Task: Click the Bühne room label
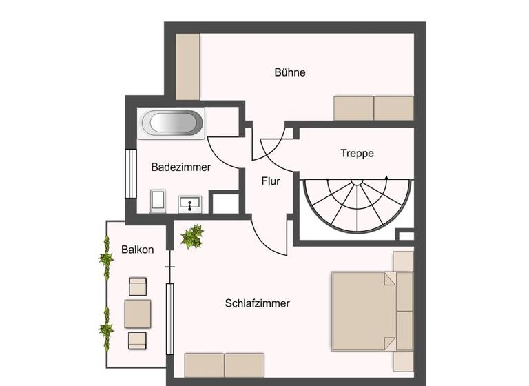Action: point(289,72)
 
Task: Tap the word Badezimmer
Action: point(180,167)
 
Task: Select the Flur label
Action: point(271,182)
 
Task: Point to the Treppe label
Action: point(357,153)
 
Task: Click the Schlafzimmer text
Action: point(257,303)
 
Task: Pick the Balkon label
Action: point(137,249)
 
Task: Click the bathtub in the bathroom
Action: point(172,123)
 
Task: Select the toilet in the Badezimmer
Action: point(157,202)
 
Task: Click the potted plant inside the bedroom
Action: point(192,236)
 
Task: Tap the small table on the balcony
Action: point(138,314)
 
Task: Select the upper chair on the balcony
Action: point(138,287)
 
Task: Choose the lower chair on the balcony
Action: point(138,340)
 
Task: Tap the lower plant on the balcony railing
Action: point(106,324)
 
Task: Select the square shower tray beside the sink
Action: point(224,203)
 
